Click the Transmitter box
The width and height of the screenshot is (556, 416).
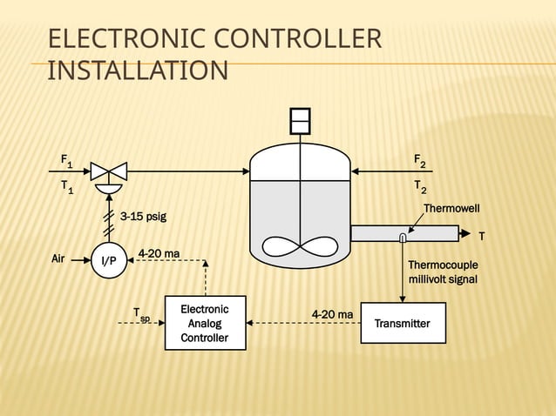point(403,324)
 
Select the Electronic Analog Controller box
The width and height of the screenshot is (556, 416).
point(205,323)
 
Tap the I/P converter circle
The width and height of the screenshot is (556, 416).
point(109,259)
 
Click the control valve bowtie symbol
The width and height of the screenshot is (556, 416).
point(109,171)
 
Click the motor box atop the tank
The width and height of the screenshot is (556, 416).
point(300,120)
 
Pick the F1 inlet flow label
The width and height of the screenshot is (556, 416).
point(66,161)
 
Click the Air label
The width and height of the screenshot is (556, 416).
point(58,258)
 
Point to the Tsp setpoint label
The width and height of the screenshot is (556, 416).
point(140,314)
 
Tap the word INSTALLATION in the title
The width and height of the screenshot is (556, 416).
point(137,70)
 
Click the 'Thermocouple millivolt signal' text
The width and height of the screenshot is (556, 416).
point(443,272)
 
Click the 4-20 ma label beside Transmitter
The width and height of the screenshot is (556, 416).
point(332,313)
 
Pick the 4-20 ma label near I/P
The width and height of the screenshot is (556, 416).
point(159,253)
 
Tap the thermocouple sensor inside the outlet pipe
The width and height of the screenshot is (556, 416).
point(402,238)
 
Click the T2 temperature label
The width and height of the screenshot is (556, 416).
point(420,188)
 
